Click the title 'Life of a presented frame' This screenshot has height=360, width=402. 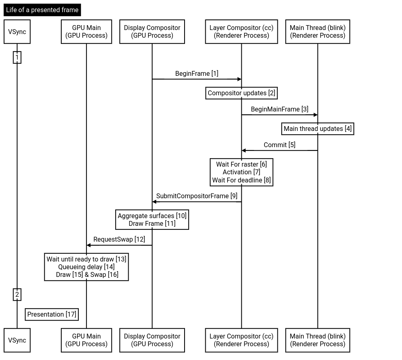pos(42,10)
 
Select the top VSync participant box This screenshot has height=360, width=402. pos(17,32)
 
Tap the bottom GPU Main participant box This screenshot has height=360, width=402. pos(86,340)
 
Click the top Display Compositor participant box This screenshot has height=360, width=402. pos(152,32)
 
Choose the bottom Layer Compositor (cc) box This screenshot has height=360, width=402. pos(241,340)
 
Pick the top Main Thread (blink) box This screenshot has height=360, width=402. pos(318,32)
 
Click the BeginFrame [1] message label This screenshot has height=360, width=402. pos(197,73)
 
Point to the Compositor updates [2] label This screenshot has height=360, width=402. pos(241,93)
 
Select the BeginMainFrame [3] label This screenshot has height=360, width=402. pos(279,109)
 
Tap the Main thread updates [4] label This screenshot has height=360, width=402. pos(318,129)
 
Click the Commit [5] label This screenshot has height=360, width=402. pos(279,145)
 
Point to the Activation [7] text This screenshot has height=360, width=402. pos(241,172)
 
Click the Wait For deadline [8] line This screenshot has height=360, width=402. pos(241,180)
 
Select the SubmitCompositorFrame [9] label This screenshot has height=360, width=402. pos(197,196)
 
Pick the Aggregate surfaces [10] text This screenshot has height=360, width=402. pos(152,216)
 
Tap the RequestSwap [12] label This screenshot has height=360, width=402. pos(119,239)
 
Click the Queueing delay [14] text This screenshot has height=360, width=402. pos(86,267)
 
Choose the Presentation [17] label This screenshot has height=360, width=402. pos(52,314)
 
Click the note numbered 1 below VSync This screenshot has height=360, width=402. pos(17,58)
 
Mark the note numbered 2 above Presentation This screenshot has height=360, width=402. pos(17,295)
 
